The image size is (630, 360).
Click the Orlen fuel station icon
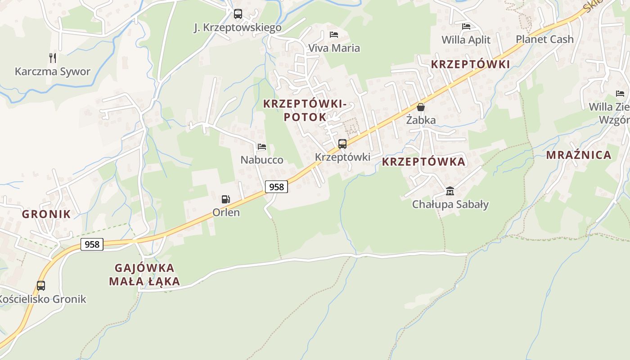click(225, 199)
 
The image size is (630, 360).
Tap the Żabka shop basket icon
click(421, 107)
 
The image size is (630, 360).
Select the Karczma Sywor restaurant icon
click(53, 58)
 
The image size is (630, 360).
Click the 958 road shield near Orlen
click(276, 186)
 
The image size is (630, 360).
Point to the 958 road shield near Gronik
click(92, 244)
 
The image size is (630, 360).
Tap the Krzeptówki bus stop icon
click(342, 144)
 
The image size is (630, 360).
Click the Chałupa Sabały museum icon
click(450, 191)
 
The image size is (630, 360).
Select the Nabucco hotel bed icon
click(262, 147)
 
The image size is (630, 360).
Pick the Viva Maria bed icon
click(334, 35)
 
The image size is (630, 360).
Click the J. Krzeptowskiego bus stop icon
click(238, 14)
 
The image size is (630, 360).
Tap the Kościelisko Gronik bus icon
click(41, 286)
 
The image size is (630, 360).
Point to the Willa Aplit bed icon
click(466, 27)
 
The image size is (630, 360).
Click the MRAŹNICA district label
click(579, 155)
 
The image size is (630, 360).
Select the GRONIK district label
click(46, 214)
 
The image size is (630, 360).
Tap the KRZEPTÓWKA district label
click(423, 162)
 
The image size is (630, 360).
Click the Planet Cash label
click(544, 39)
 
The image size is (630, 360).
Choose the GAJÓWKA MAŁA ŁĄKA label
click(144, 275)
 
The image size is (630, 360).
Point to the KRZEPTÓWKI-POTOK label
click(305, 110)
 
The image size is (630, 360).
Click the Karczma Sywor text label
click(53, 72)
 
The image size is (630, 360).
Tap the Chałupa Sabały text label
click(450, 204)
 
